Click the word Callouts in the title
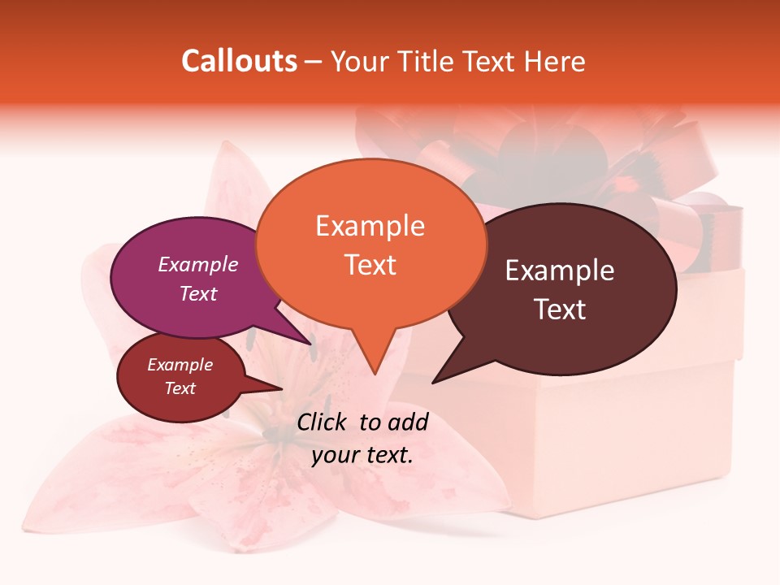[x=240, y=62]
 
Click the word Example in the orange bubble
[x=370, y=226]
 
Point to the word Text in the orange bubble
[x=370, y=265]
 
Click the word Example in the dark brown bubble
[x=560, y=271]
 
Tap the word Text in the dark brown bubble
[x=561, y=310]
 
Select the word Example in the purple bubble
[x=198, y=264]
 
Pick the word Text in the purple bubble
[x=198, y=293]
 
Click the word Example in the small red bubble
[x=180, y=365]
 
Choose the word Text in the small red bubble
[x=180, y=388]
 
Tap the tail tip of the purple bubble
[x=312, y=344]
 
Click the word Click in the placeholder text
[x=323, y=422]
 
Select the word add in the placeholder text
[x=408, y=422]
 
